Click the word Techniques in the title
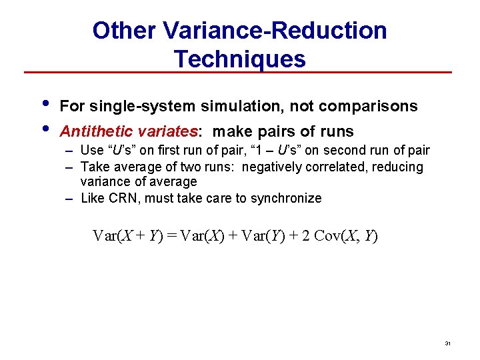click(240, 59)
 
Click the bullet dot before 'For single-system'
click(45, 103)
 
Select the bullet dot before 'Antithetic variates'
click(45, 127)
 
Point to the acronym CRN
click(121, 198)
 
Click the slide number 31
click(447, 343)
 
